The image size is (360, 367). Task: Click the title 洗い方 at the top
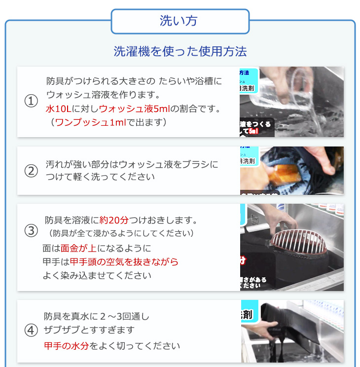(x=180, y=21)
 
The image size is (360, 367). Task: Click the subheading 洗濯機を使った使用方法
(x=180, y=51)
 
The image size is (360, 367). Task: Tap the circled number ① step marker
(x=31, y=101)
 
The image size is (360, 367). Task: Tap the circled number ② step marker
(x=31, y=171)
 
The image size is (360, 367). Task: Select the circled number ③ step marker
(x=31, y=230)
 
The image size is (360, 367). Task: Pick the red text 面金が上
(x=80, y=248)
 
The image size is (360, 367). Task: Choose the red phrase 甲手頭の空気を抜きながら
(x=124, y=262)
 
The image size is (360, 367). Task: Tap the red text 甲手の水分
(x=66, y=346)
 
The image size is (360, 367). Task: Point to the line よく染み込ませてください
(x=97, y=276)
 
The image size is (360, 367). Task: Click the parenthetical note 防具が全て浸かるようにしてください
(x=121, y=233)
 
